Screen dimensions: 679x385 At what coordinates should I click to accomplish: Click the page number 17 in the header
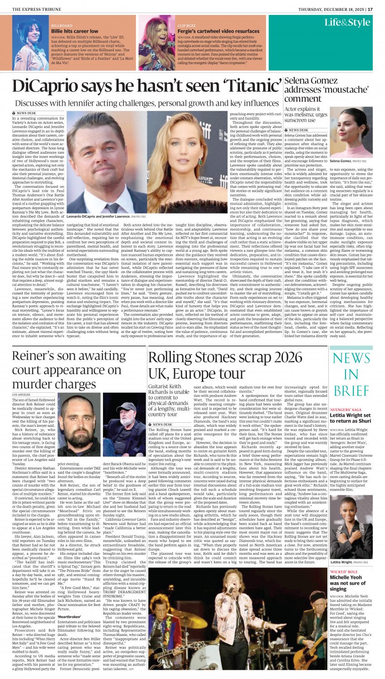[370, 9]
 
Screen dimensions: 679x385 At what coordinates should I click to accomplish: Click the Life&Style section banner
[347, 23]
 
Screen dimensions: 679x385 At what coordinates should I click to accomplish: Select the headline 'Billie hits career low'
[75, 31]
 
